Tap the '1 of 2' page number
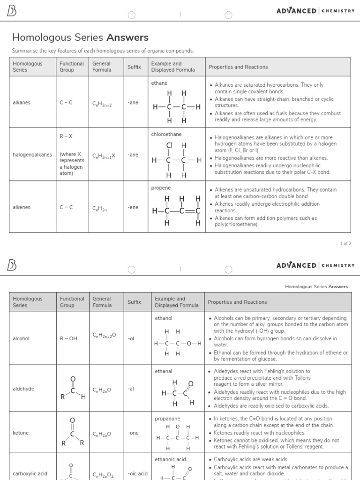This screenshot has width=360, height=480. [x=345, y=243]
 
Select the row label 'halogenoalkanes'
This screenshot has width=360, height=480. [x=32, y=154]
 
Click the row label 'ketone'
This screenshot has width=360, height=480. [x=21, y=433]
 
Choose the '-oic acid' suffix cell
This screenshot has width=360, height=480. [x=137, y=473]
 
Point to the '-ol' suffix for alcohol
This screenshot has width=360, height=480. [x=130, y=338]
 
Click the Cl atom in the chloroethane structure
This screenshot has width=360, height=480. [x=169, y=145]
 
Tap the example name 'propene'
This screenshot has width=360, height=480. [x=161, y=188]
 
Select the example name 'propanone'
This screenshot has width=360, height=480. [x=167, y=419]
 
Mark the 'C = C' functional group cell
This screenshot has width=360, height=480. [x=66, y=207]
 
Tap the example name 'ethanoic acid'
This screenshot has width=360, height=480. [x=171, y=459]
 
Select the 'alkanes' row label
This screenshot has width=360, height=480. [x=22, y=102]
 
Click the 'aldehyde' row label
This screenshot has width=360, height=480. [x=23, y=389]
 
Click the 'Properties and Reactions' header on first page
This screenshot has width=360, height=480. [x=238, y=67]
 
